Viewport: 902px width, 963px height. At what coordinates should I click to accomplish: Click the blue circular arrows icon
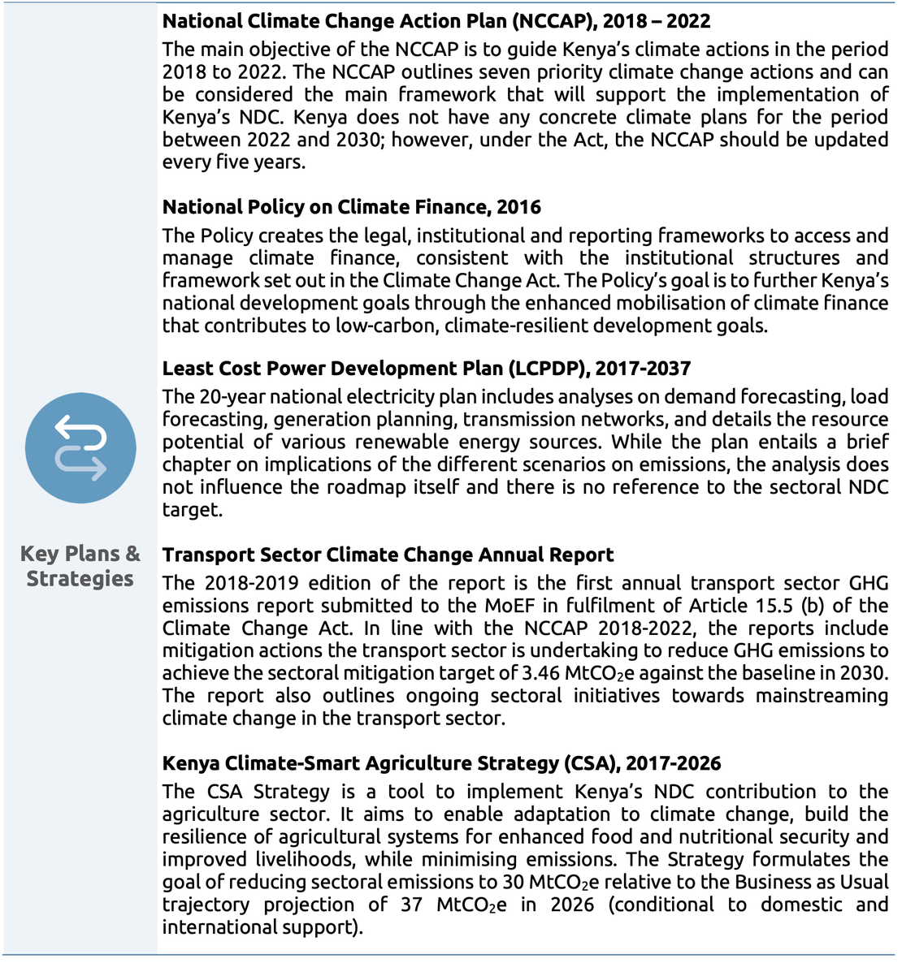(x=80, y=448)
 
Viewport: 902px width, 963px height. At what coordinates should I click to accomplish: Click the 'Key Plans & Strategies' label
(x=80, y=566)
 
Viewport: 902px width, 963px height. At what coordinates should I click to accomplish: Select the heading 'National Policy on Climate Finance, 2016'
(x=351, y=207)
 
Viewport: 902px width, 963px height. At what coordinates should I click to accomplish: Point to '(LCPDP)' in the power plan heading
(x=549, y=369)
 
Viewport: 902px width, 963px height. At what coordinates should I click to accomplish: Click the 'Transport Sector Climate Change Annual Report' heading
(x=388, y=555)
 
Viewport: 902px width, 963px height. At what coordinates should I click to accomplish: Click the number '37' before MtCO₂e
(x=412, y=905)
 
